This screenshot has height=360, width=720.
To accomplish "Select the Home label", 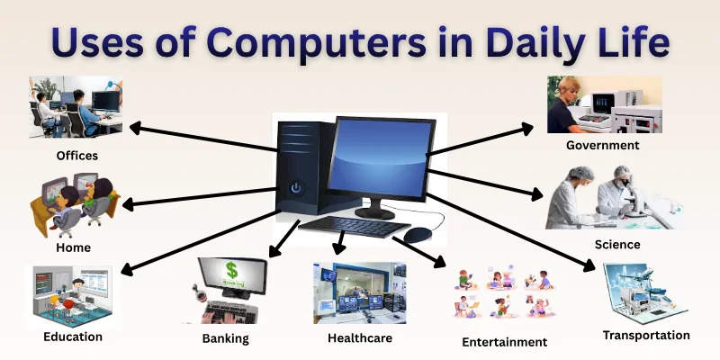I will pos(73,247).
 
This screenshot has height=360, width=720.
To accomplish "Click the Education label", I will pos(73,337).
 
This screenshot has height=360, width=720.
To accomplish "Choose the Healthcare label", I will pos(359,338).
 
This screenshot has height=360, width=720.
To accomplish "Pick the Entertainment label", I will pos(504,342).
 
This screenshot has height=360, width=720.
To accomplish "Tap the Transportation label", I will pos(646,335).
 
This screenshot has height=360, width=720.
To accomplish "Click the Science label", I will pos(617,244).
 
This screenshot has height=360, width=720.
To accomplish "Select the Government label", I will pos(602,145).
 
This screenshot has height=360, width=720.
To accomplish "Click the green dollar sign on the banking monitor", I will pos(231,269).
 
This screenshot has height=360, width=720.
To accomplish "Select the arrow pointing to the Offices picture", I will pos(202,139).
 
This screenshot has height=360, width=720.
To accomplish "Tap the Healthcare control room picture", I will pos(359,293).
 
